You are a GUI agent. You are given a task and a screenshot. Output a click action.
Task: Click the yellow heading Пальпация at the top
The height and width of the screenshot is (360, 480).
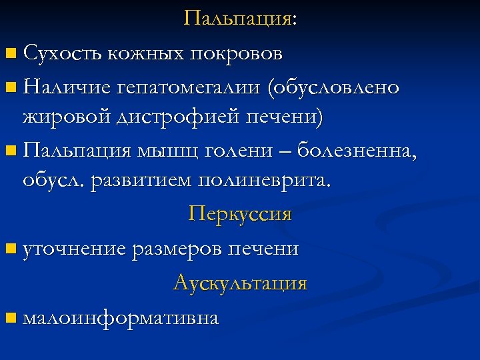click(237, 18)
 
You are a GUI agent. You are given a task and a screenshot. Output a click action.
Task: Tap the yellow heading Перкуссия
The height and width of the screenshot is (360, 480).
click(240, 214)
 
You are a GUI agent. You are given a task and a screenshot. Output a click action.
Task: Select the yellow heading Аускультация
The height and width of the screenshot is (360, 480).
click(240, 283)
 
